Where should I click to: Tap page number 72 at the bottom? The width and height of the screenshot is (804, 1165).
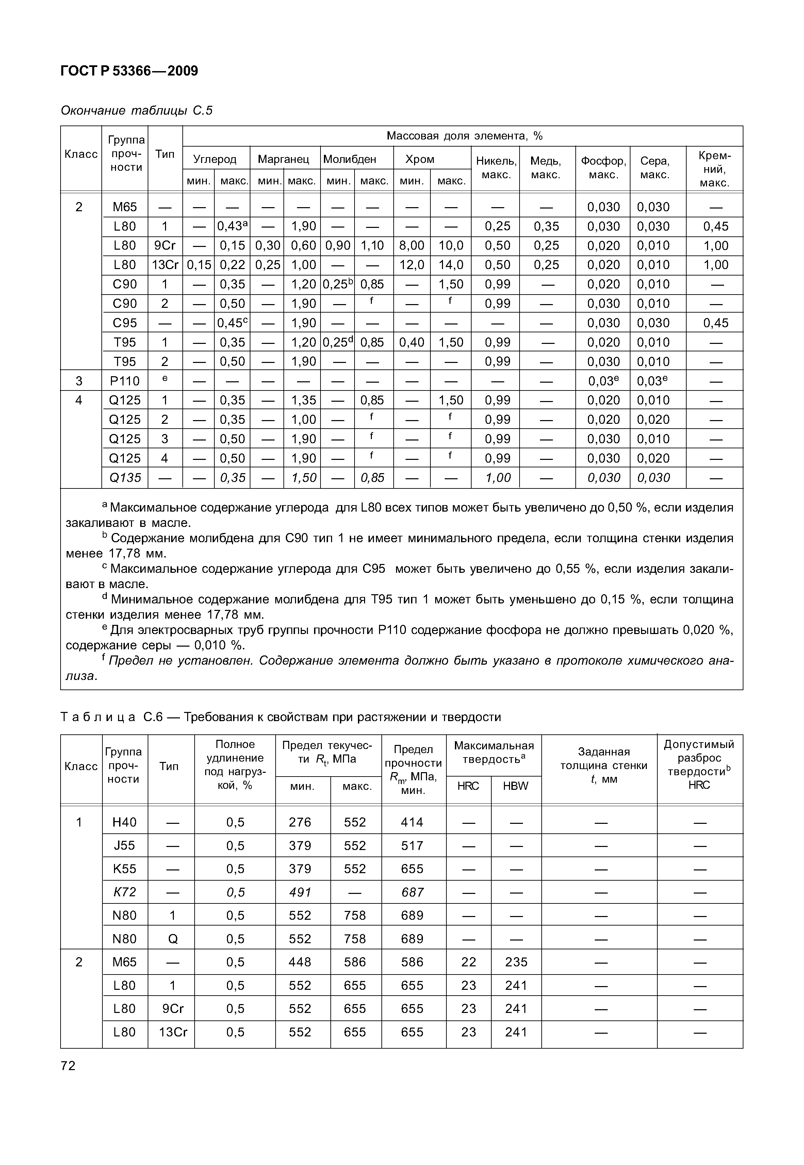pos(68,1065)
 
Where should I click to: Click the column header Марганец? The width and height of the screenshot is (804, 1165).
pos(284,159)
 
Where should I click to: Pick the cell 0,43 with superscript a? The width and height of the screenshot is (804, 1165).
pos(232,226)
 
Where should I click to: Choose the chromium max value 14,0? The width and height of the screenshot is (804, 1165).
pos(450,265)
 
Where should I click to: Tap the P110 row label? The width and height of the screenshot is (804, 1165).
pos(125,381)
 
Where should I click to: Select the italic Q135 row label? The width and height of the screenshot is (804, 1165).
pos(125,477)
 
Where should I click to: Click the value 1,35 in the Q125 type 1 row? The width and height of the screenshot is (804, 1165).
pos(303,400)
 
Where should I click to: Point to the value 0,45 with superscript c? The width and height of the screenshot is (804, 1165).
pos(232,323)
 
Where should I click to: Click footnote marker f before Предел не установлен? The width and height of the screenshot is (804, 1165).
pos(104,658)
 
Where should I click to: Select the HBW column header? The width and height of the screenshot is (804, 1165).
pos(515,786)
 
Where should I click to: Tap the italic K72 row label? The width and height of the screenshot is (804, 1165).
pos(125,892)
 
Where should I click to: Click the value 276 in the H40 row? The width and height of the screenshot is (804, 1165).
pos(300,822)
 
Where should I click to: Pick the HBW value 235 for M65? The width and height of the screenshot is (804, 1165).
pos(516,962)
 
